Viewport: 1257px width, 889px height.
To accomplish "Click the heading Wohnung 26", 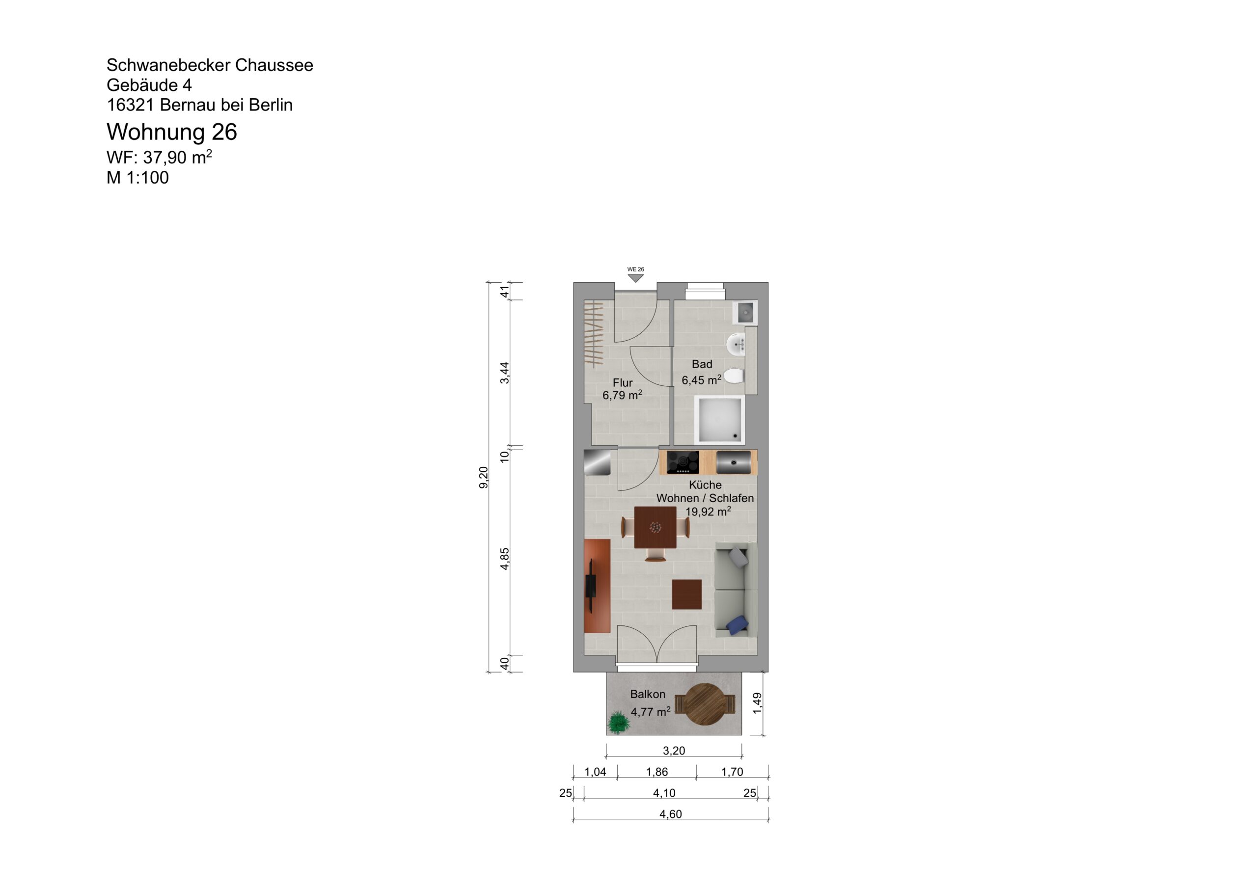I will (x=171, y=132).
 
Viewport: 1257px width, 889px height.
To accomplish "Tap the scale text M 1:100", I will (x=137, y=177).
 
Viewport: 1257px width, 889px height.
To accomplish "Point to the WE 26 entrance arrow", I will (x=635, y=277).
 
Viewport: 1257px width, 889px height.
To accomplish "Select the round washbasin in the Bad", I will (x=736, y=344).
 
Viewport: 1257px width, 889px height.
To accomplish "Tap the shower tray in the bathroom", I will (x=719, y=420).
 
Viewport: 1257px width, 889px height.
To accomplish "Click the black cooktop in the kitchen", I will (x=683, y=462).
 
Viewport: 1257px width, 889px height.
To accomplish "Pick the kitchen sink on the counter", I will (x=733, y=462).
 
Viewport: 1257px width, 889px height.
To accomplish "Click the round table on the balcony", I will (x=705, y=704).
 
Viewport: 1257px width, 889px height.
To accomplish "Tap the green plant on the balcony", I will (x=619, y=722).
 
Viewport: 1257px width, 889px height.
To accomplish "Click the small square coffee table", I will (x=686, y=594).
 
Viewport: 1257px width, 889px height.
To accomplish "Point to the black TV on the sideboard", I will (x=591, y=586).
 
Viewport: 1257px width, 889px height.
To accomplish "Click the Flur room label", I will (x=623, y=382).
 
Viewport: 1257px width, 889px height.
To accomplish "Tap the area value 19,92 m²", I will (x=708, y=512).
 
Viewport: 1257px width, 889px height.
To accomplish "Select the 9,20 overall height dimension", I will (x=484, y=477).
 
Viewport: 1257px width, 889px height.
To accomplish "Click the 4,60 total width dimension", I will (x=670, y=814).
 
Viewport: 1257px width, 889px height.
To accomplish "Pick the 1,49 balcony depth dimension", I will (x=757, y=703).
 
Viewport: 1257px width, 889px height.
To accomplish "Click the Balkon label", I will (x=648, y=694).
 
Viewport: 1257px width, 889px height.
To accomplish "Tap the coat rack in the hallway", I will (x=594, y=333).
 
